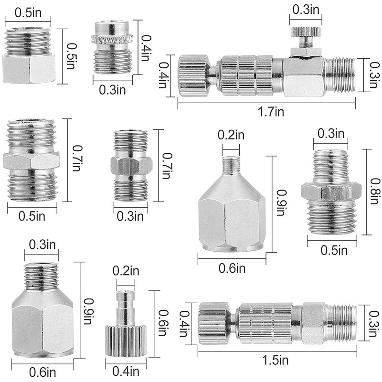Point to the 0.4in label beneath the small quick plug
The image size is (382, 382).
pyautogui.click(x=125, y=371)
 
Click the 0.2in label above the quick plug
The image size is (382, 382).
pyautogui.click(x=124, y=271)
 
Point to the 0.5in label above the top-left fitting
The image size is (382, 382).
pyautogui.click(x=27, y=12)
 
